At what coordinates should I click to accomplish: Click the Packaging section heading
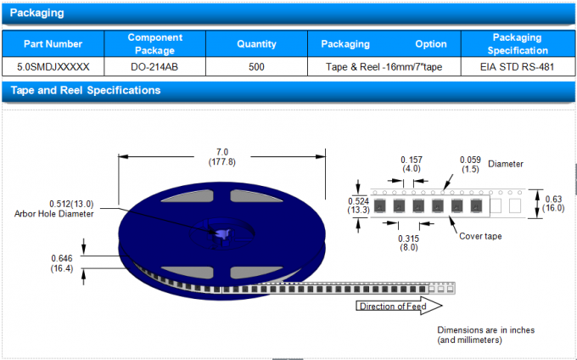tap(36, 13)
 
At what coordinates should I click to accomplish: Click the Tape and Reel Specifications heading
tap(81, 90)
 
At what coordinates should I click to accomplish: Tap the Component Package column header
tap(154, 44)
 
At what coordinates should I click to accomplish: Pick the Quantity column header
tap(256, 44)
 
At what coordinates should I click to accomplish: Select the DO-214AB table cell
tap(154, 66)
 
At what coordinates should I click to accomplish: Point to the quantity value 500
tap(256, 66)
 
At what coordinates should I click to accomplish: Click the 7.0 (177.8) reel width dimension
tap(221, 156)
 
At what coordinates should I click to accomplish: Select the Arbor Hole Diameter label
tap(54, 209)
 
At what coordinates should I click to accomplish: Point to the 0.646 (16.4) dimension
tap(62, 262)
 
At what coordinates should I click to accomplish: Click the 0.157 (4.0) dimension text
tap(411, 164)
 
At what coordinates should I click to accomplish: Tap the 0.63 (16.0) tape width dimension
tap(554, 203)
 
